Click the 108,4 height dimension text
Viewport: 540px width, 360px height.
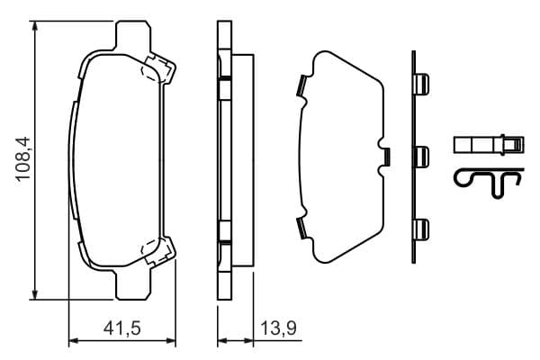22,158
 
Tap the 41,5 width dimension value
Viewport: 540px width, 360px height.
122,328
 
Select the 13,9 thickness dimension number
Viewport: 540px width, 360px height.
279,328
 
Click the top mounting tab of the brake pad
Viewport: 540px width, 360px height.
133,35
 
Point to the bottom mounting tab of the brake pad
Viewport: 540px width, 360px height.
133,284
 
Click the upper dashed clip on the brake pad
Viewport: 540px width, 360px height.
158,69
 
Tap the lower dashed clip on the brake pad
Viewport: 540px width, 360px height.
158,251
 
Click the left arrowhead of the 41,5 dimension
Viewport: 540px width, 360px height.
75,341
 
